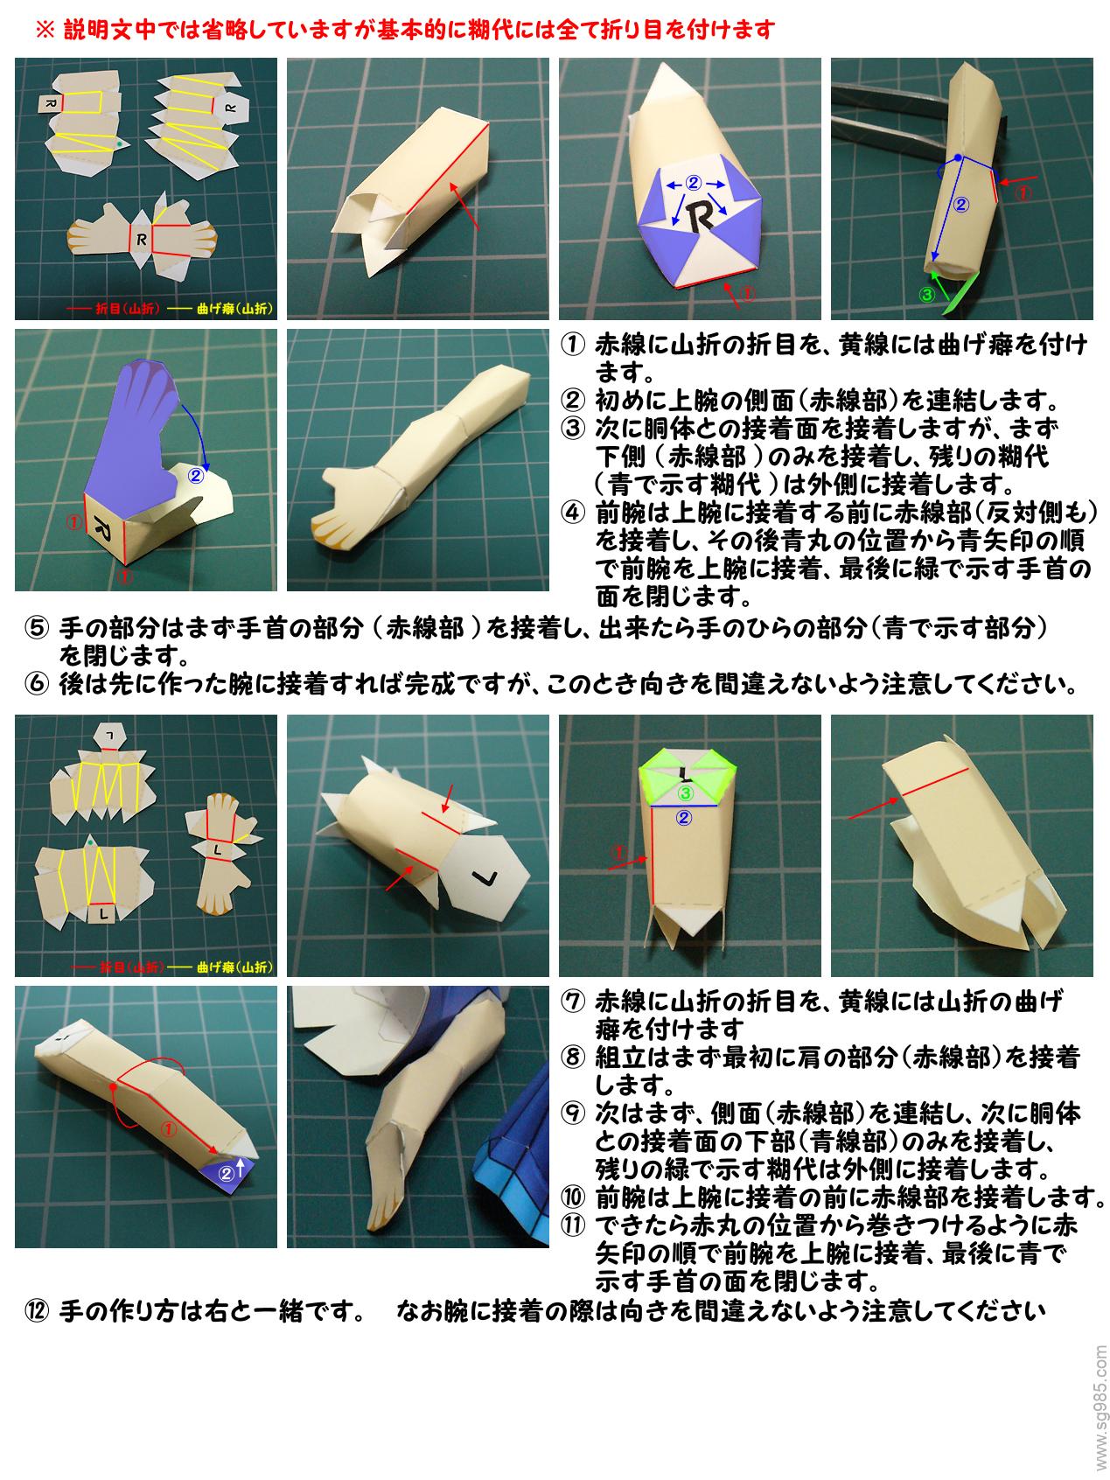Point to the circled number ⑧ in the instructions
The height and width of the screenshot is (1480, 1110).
tap(572, 1057)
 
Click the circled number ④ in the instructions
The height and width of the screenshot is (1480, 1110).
tap(572, 513)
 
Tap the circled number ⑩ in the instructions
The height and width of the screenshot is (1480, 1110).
tap(572, 1196)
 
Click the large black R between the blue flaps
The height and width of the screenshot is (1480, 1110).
tap(701, 214)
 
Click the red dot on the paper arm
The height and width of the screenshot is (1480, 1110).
tap(113, 1087)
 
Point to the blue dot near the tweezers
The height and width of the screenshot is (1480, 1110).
tap(958, 157)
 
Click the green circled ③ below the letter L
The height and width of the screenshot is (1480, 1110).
tap(687, 793)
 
